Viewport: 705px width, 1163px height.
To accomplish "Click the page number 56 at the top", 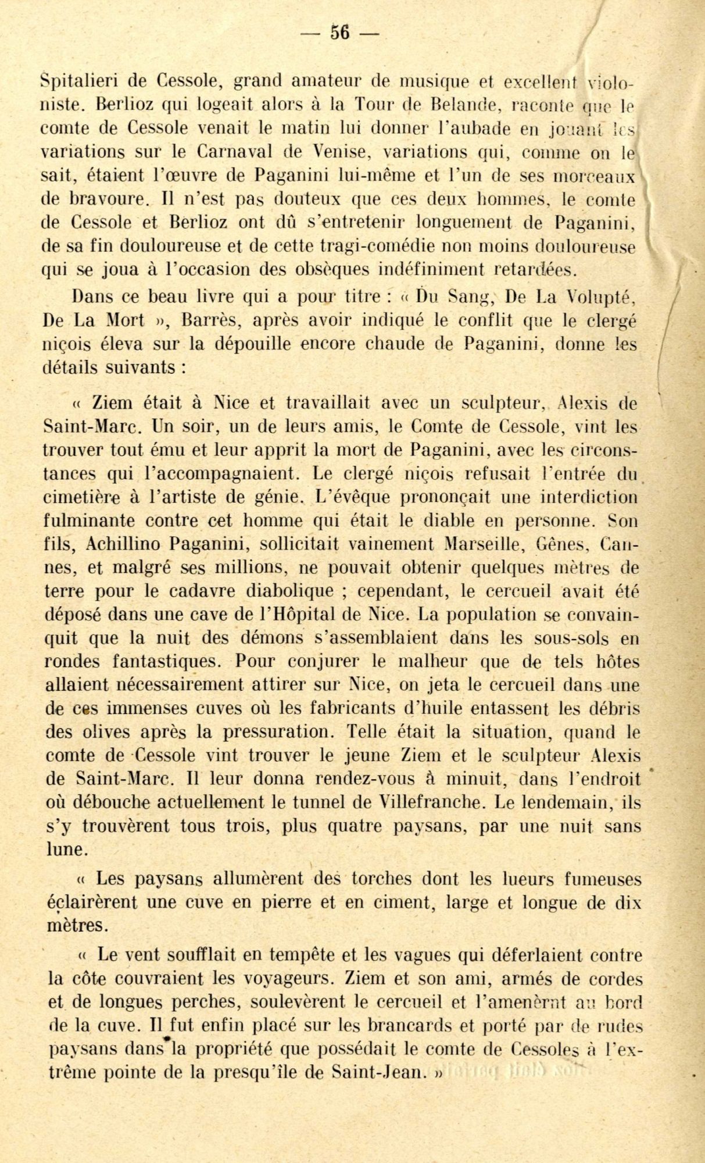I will click(x=340, y=33).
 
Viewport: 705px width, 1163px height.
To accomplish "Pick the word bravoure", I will click(x=100, y=199).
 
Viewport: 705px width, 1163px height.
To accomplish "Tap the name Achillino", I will click(x=122, y=544).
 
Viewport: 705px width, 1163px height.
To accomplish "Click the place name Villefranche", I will click(x=430, y=802).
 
